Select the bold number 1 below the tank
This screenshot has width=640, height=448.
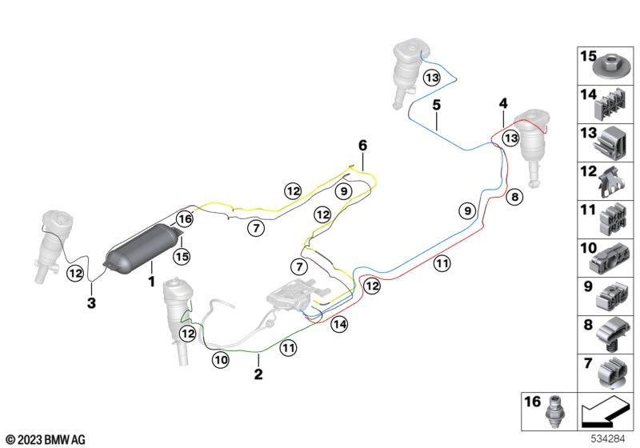click(151, 282)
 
